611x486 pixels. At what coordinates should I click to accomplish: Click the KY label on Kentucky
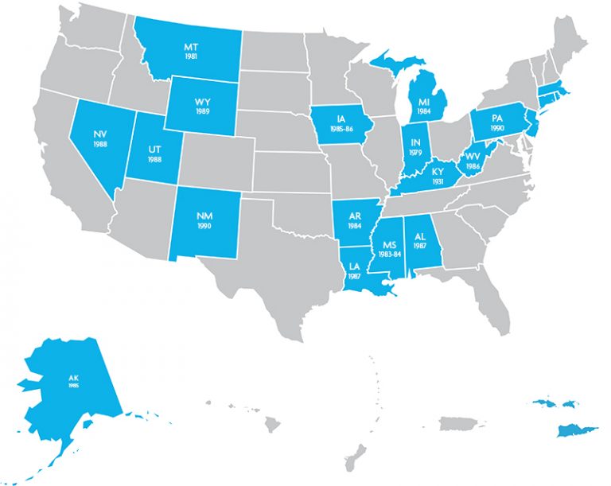[437, 171]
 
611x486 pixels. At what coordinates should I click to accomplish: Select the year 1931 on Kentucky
[437, 181]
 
